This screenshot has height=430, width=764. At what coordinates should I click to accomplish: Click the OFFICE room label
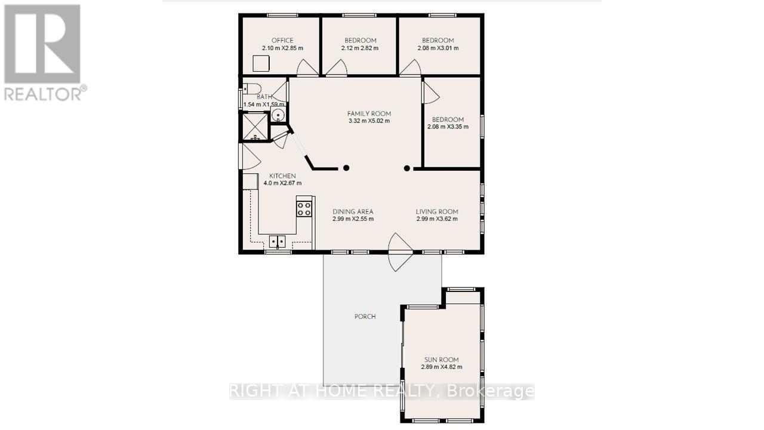coord(282,40)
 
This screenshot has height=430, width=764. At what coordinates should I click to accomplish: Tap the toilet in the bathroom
coord(252,89)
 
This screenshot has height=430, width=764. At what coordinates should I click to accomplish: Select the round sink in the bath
coord(278,115)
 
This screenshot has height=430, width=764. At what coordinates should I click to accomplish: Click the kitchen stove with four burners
coord(304,208)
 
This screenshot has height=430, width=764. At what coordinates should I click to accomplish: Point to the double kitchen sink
coord(278,241)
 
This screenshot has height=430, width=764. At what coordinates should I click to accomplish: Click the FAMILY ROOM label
coord(369,113)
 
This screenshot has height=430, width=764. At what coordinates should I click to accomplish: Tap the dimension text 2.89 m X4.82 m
coord(442,367)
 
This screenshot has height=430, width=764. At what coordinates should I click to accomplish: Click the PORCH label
coord(365,317)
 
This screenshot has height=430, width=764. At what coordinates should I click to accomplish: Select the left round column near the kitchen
coord(346,168)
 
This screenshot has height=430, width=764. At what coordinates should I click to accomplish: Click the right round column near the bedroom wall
coord(407,168)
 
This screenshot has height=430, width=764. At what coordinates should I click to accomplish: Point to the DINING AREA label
coord(353,211)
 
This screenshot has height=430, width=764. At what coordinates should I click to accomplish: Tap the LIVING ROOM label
coord(437,211)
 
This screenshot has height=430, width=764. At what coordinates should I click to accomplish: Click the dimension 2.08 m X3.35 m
coord(448,127)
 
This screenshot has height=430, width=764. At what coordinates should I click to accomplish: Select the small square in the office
coord(261,64)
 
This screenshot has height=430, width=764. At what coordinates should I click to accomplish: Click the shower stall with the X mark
coord(255,127)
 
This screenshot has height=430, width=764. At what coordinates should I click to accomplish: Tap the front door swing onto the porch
coord(400,252)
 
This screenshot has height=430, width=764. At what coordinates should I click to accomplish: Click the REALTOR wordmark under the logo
coord(45,94)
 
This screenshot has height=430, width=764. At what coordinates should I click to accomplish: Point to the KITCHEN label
coord(282,176)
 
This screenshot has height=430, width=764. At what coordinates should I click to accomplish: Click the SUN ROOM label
coord(441,360)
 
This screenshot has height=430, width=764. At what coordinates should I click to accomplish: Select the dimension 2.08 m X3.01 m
coord(438,48)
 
